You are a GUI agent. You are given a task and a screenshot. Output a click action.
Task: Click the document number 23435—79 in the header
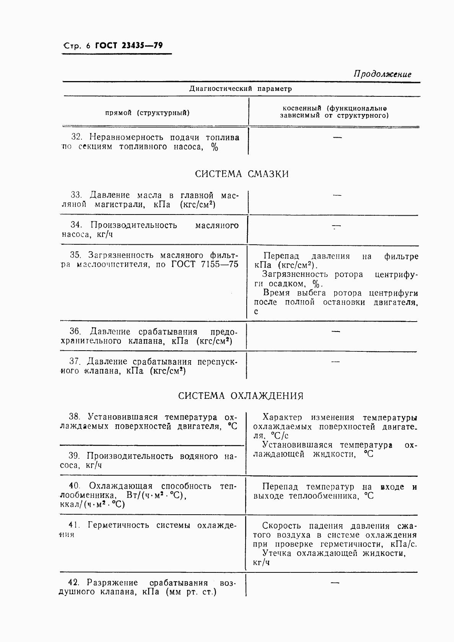142,46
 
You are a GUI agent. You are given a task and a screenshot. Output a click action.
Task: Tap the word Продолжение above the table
382,74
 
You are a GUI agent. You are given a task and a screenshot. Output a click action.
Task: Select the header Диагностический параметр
241,89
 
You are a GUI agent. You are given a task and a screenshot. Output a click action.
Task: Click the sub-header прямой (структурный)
147,113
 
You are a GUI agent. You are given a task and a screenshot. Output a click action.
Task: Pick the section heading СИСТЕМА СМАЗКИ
242,174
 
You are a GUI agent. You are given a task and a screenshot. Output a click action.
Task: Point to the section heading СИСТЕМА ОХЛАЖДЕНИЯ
241,396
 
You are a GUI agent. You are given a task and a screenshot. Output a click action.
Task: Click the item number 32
77,137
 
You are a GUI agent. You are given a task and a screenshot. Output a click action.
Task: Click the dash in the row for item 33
337,196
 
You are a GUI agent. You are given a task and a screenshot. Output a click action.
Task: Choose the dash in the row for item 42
335,583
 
